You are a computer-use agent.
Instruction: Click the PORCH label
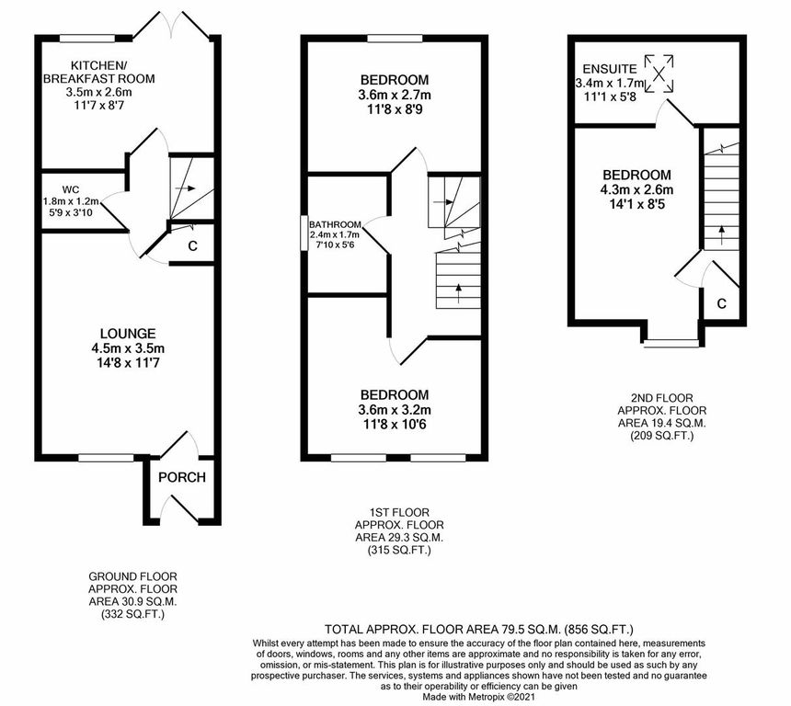point(181,477)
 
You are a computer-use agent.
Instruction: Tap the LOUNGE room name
point(128,333)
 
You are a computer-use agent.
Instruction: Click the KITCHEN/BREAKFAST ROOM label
point(110,72)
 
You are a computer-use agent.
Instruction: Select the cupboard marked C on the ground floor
point(191,245)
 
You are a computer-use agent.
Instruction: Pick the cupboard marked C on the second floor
point(722,302)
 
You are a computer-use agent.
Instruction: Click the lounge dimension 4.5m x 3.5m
point(128,348)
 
